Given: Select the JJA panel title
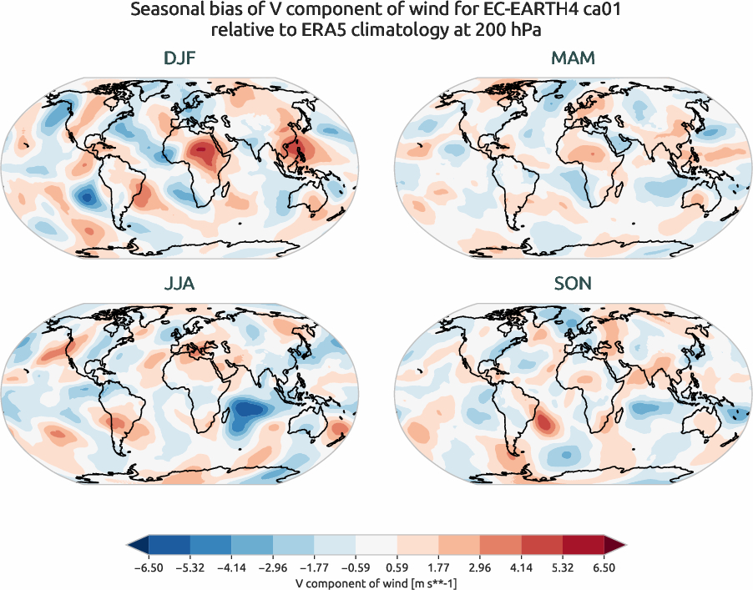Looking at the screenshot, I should tap(181, 284).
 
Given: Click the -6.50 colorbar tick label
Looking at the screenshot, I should tap(149, 567).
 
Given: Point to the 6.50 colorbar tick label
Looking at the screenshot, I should tap(604, 567).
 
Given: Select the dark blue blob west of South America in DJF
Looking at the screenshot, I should tap(85, 198).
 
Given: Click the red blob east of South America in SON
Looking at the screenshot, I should tap(544, 423).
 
